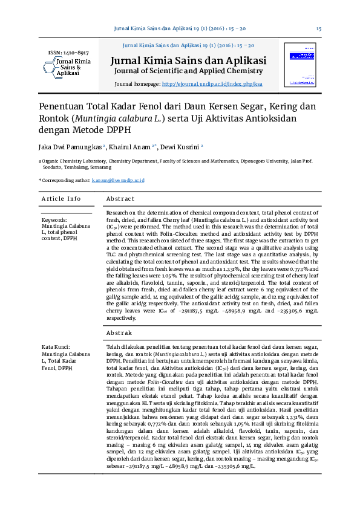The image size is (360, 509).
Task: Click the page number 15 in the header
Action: pos(318,29)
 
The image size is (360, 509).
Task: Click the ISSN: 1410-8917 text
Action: pos(68,53)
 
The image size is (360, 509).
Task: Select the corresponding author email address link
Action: pos(118,180)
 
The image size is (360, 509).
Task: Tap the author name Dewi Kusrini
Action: pos(180,146)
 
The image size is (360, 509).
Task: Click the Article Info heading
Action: pos(61,199)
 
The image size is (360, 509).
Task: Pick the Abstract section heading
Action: pos(120,199)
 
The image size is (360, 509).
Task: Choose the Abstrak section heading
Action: pos(119,332)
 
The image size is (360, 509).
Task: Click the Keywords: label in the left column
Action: pos(54,220)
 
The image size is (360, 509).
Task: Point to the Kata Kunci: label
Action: pos(56,347)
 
